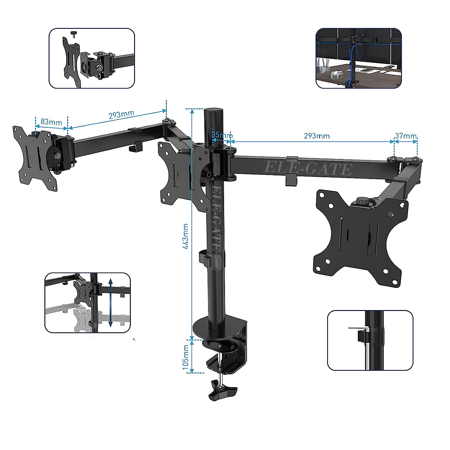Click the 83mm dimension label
pos(51,122)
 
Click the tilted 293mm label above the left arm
pos(121,115)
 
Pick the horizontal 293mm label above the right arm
pos(317,136)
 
